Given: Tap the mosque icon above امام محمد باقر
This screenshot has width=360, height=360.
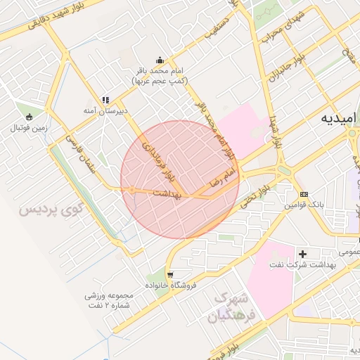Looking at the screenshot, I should point(161,60).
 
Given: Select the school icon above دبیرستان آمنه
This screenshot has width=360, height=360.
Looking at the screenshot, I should point(105,100).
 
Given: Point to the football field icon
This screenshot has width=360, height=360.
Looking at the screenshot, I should point(29,117).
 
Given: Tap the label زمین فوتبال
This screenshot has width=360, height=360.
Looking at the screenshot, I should point(28,128).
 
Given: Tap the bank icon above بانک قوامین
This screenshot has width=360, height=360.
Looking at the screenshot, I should point(304,194).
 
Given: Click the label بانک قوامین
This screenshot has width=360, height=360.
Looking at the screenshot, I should point(304,205).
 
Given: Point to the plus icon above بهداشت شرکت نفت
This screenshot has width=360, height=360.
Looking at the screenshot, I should point(303,253).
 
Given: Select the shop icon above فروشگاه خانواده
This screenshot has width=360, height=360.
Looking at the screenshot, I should point(170,274).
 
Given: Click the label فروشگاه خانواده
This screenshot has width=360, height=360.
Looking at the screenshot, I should point(170,285).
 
